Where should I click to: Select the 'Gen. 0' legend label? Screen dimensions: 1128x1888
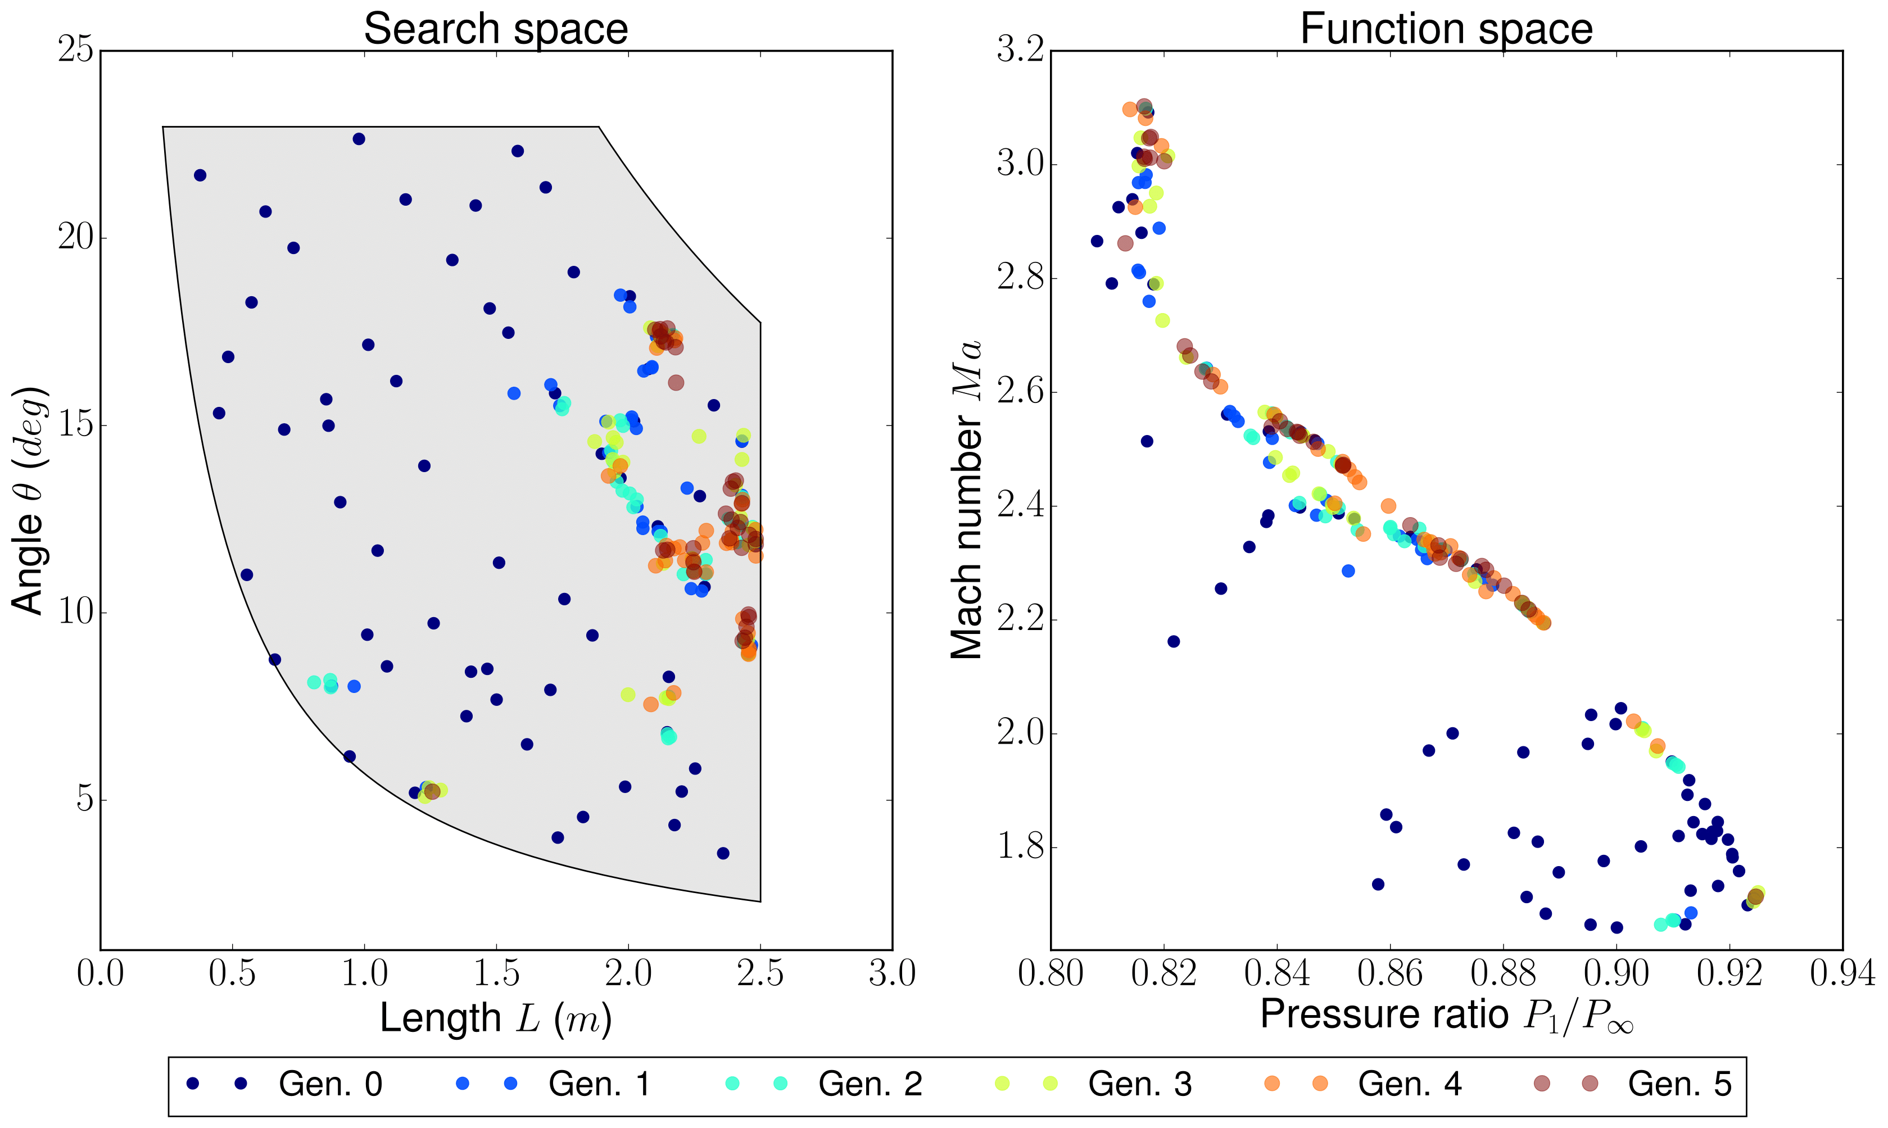(x=330, y=1084)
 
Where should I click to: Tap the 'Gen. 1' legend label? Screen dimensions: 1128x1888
(x=600, y=1084)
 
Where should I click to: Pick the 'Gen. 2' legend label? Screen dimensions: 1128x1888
(x=870, y=1084)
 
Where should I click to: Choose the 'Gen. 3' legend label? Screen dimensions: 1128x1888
(x=1139, y=1084)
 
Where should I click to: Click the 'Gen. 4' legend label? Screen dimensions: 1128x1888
(x=1409, y=1084)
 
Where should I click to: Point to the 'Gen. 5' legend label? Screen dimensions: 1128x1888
(x=1679, y=1084)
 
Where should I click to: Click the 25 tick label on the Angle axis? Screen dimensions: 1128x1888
(x=75, y=51)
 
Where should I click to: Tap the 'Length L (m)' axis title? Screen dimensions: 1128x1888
(x=496, y=1018)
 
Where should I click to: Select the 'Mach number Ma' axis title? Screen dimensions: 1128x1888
(x=967, y=500)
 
